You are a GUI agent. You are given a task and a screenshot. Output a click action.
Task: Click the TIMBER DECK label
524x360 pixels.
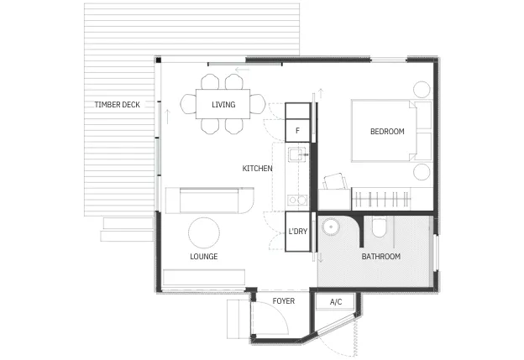click(x=117, y=105)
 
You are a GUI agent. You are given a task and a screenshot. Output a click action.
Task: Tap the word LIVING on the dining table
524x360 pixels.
click(x=223, y=105)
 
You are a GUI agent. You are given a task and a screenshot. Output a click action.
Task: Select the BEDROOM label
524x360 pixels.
click(x=387, y=131)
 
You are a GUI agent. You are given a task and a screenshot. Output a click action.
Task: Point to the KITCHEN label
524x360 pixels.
click(x=257, y=169)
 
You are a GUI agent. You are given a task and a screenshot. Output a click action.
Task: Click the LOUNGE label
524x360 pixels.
click(x=204, y=257)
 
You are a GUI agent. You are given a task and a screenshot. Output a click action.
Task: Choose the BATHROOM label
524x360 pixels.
click(x=381, y=257)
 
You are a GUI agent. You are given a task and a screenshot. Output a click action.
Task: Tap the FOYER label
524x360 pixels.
click(x=284, y=301)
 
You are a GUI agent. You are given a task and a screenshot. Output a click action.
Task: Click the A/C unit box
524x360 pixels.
click(x=335, y=302)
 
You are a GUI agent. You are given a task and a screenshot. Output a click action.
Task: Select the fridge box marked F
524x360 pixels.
click(x=297, y=130)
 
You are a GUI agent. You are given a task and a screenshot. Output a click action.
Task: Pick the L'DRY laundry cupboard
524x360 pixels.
click(x=298, y=232)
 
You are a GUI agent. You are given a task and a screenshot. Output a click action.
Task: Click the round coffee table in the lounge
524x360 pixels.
click(x=204, y=232)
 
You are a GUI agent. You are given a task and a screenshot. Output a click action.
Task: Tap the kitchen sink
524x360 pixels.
click(x=298, y=155)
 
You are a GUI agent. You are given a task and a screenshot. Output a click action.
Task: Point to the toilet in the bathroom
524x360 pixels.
click(x=379, y=227)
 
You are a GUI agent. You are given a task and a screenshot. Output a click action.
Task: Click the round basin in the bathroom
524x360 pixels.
click(x=331, y=227)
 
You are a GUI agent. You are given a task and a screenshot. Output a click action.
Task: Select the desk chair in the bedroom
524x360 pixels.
click(x=336, y=181)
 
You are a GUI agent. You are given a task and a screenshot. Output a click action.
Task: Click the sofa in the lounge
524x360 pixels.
click(x=210, y=201)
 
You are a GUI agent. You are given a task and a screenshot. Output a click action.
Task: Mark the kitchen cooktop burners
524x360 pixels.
click(x=297, y=200)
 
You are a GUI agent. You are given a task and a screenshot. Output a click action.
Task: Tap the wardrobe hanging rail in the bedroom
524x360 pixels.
click(x=381, y=200)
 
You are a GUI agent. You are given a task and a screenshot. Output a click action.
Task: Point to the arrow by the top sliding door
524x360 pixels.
click(x=243, y=70)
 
